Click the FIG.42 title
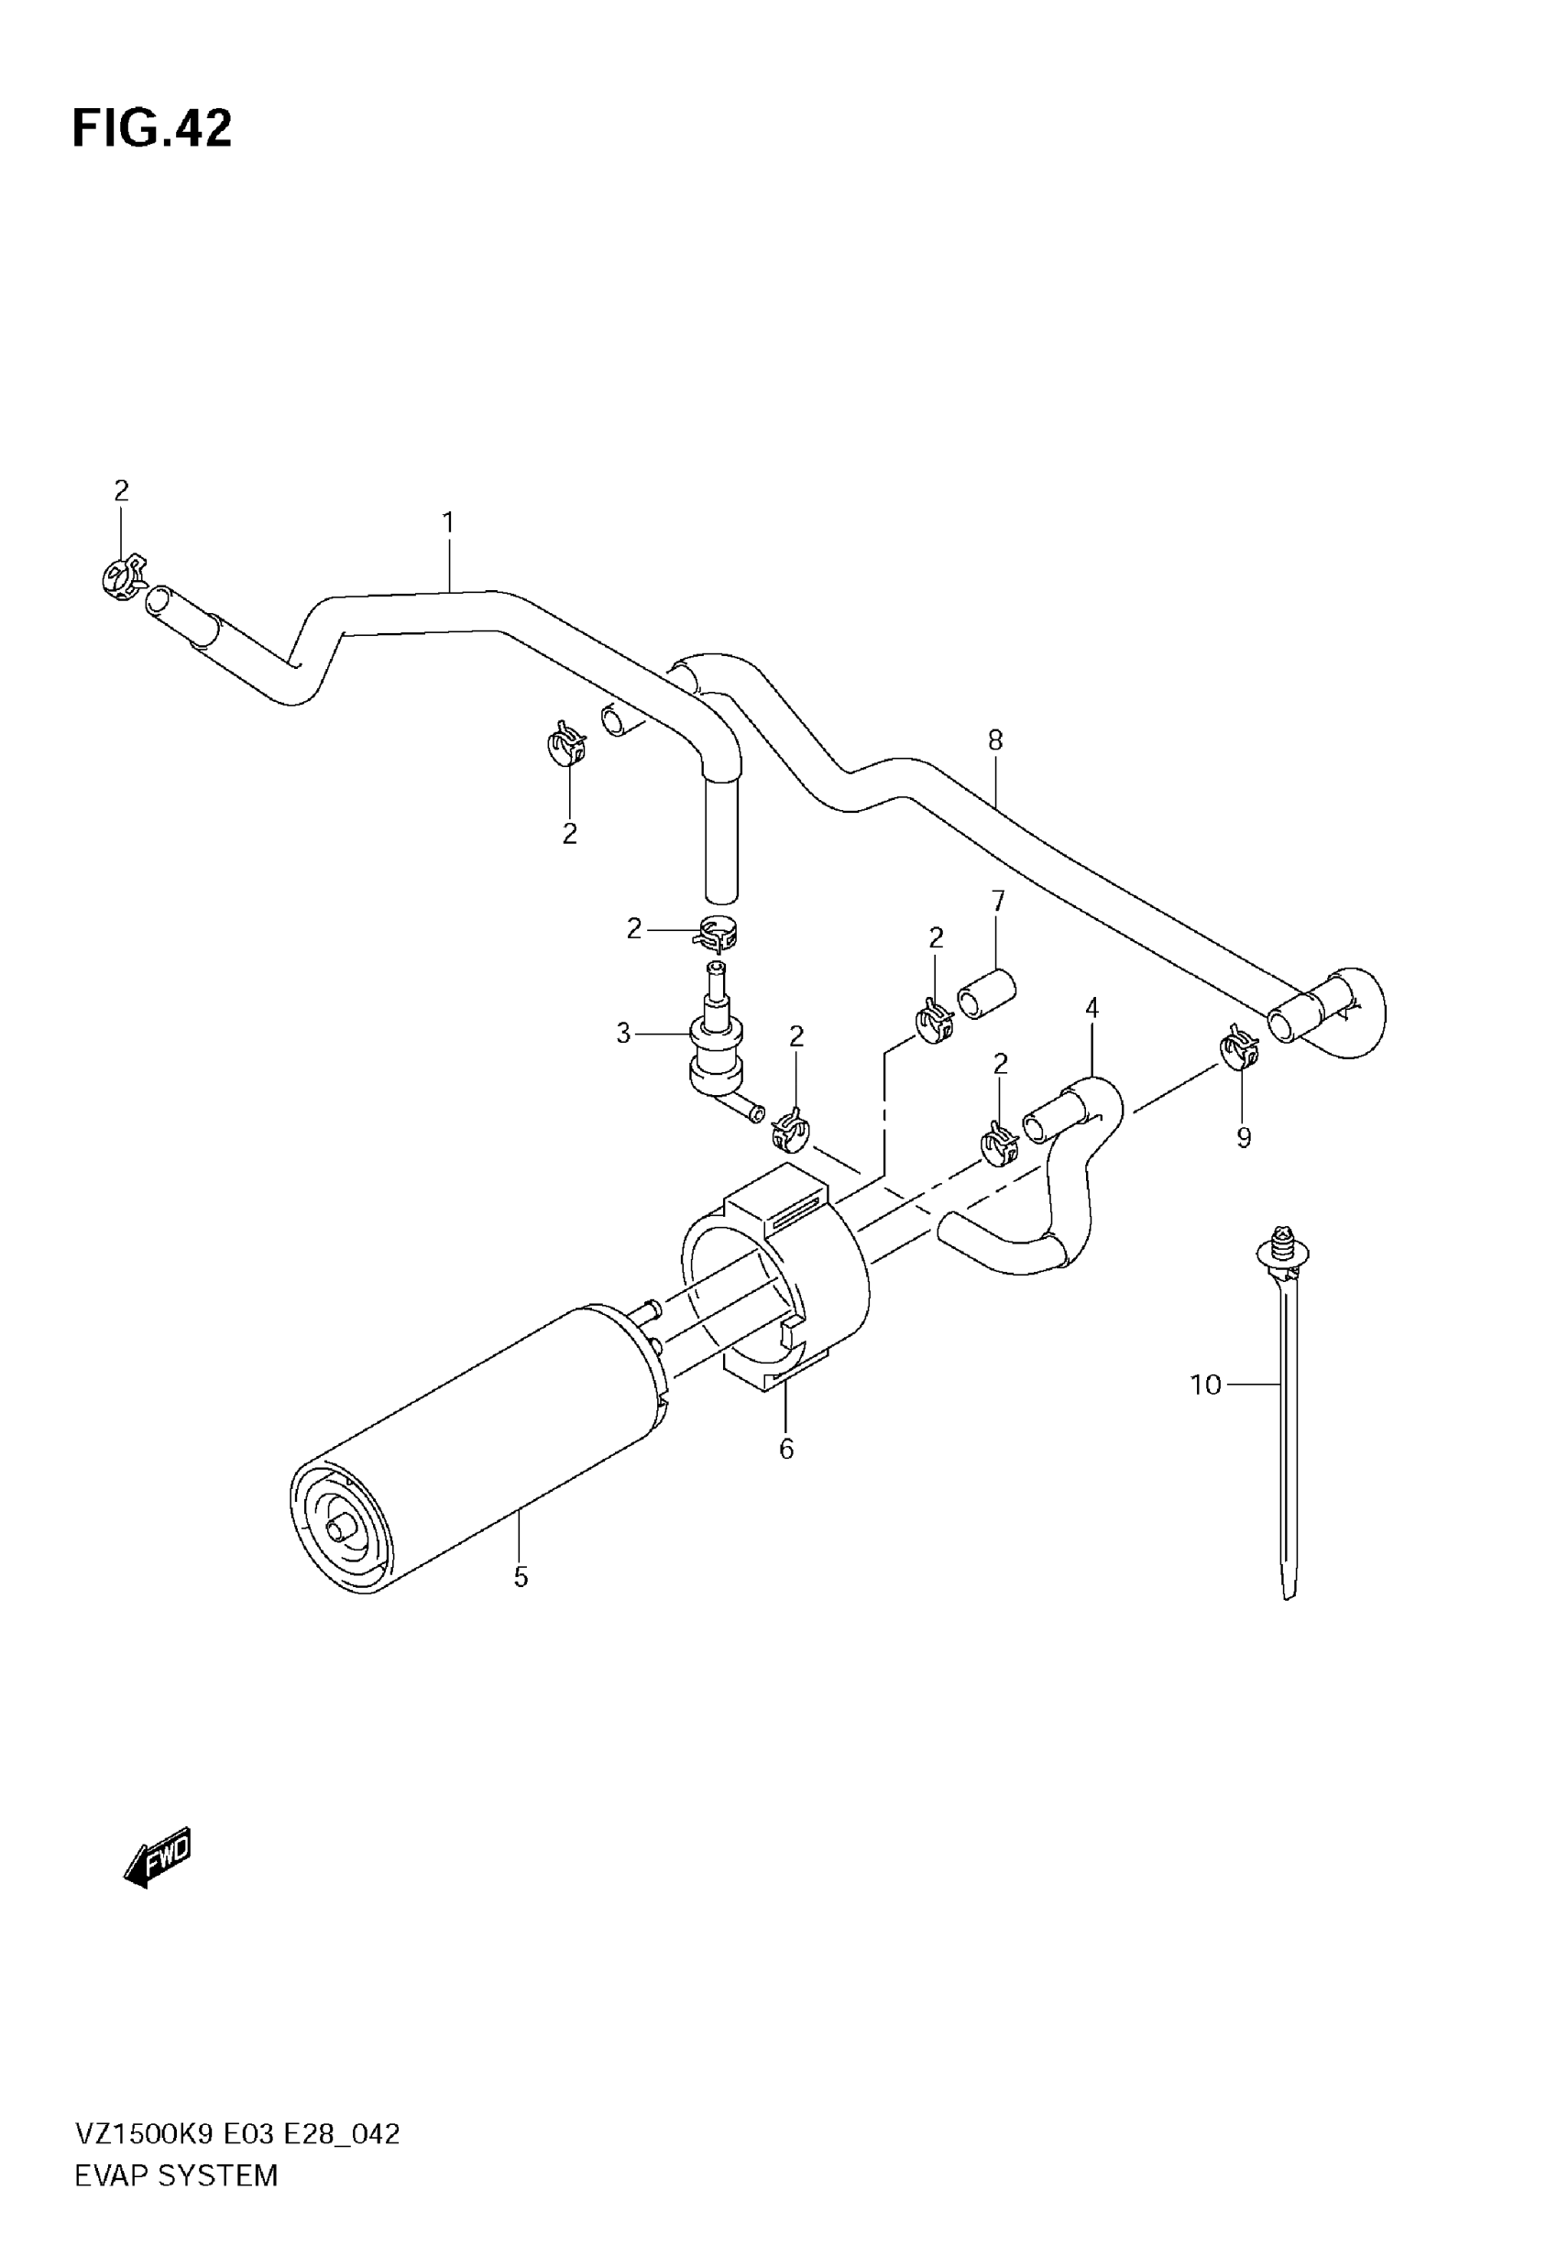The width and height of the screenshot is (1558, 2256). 152,127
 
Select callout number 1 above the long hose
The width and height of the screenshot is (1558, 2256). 448,524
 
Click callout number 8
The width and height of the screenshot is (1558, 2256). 994,740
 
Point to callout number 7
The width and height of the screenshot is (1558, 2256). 998,902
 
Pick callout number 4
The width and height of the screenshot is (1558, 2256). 1092,1008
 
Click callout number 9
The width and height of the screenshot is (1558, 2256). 1244,1138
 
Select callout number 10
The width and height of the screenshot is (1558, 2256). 1205,1385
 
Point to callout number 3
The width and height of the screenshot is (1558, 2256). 624,1034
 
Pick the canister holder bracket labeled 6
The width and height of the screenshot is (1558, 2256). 781,1278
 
